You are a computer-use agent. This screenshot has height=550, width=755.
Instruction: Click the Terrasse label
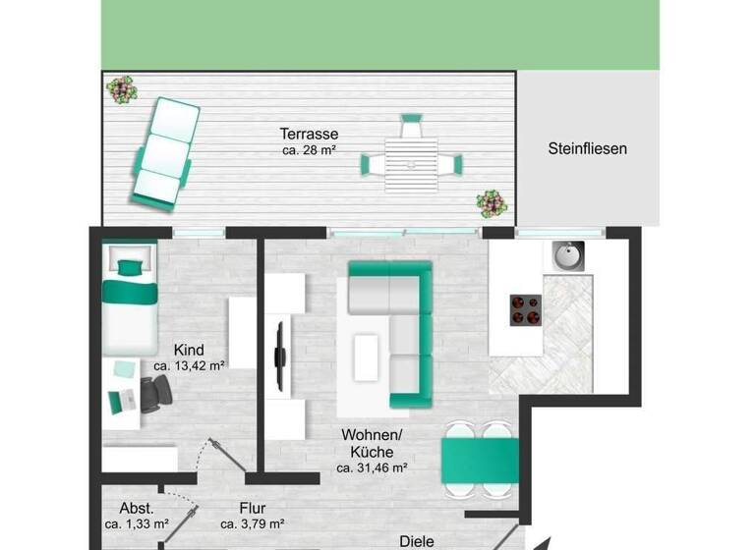point(309,134)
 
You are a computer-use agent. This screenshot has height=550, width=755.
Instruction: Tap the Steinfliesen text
point(587,149)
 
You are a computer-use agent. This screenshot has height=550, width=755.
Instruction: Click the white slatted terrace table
point(412,163)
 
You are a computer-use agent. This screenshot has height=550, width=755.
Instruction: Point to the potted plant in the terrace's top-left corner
point(122,90)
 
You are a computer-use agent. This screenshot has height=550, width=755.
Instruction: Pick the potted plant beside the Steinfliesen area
point(492,203)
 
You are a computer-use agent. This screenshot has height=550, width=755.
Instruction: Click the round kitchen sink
point(567,257)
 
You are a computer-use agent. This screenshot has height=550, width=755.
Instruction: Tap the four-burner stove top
point(526,309)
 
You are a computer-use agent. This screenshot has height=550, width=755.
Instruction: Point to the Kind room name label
point(189,350)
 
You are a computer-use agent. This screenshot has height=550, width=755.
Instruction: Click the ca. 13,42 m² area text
point(189,365)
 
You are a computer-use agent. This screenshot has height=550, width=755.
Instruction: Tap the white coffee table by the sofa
point(367,356)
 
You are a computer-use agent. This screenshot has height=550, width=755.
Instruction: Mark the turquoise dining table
point(479,459)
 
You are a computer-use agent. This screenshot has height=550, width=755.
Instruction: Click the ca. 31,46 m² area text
point(372,468)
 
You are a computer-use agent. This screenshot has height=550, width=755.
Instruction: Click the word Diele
point(416,540)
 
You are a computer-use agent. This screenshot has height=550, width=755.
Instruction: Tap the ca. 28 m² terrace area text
point(309,150)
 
